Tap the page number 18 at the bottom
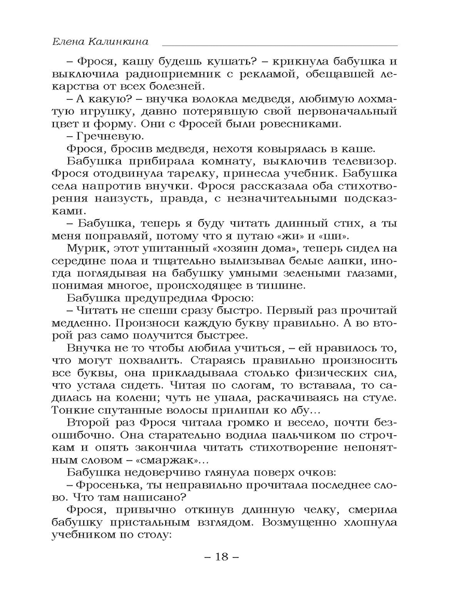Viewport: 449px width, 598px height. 222,557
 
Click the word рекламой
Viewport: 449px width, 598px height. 276,73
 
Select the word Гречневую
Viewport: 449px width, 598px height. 101,137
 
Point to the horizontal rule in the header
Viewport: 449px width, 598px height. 280,45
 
